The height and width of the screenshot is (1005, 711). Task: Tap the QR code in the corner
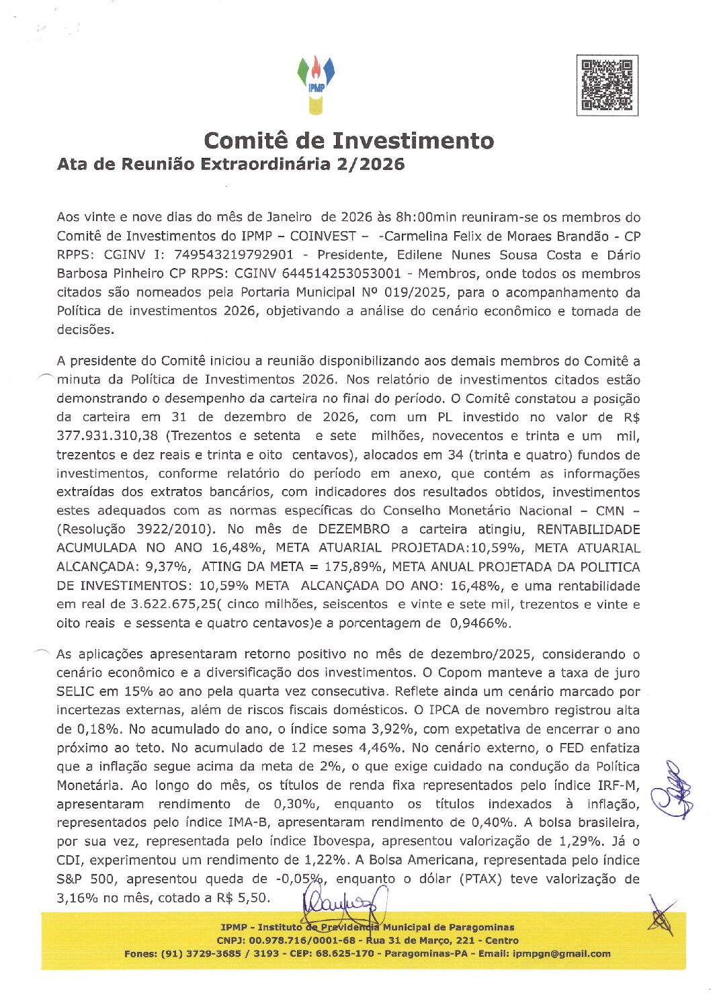point(607,85)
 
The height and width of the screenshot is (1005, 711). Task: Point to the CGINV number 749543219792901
point(234,255)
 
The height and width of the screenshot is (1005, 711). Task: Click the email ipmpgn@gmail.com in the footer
point(561,954)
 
